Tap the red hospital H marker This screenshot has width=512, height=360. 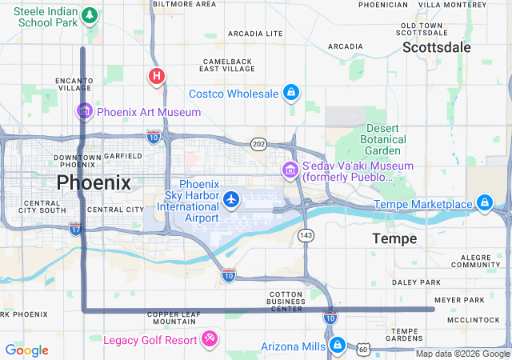pyautogui.click(x=157, y=77)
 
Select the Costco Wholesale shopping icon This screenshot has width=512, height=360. pyautogui.click(x=291, y=94)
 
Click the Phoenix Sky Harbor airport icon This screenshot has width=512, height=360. pyautogui.click(x=232, y=198)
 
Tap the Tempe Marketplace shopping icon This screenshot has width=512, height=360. pyautogui.click(x=484, y=203)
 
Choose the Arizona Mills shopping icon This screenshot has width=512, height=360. pyautogui.click(x=337, y=346)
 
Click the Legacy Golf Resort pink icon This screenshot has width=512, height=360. pyautogui.click(x=210, y=339)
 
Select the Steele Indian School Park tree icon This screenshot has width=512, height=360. pyautogui.click(x=90, y=15)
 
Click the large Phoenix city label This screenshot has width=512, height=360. pyautogui.click(x=94, y=182)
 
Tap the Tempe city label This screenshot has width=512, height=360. pyautogui.click(x=394, y=238)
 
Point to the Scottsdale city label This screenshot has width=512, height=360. pyautogui.click(x=436, y=47)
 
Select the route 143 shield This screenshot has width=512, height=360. pyautogui.click(x=306, y=235)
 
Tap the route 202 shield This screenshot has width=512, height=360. pyautogui.click(x=258, y=144)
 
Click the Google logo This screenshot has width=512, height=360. pyautogui.click(x=26, y=350)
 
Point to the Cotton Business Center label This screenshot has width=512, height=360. pyautogui.click(x=286, y=301)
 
